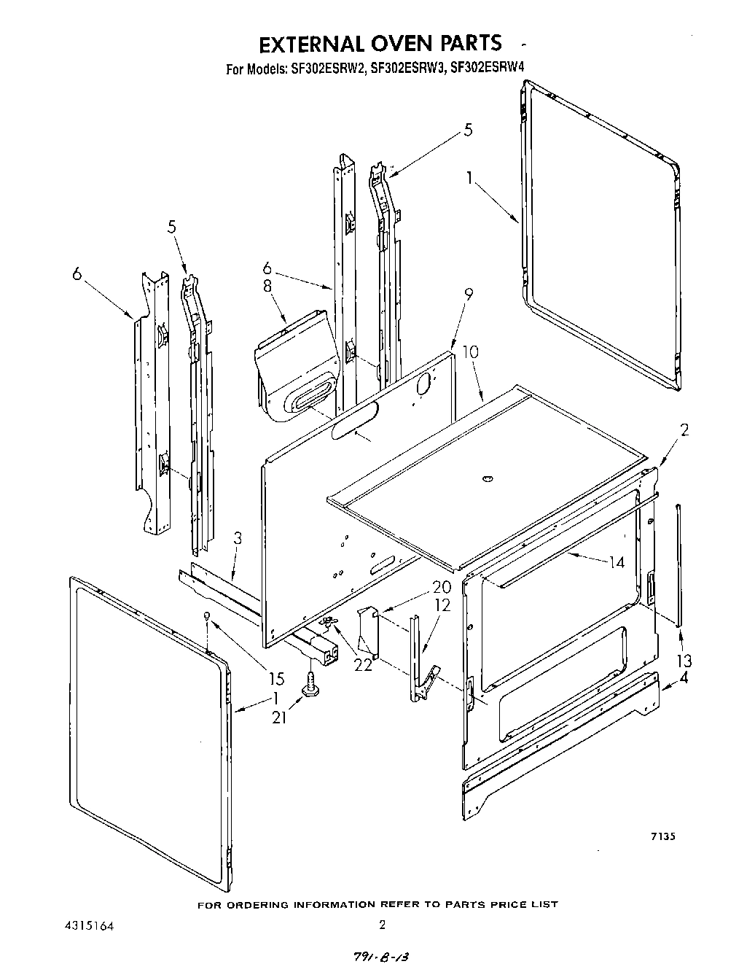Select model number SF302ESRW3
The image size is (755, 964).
tap(407, 70)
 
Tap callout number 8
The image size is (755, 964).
tap(267, 287)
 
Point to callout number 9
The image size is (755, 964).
tap(469, 295)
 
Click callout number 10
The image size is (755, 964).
tap(471, 351)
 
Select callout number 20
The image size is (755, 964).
tap(442, 587)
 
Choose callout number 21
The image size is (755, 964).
tap(279, 718)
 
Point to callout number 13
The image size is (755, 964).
tap(684, 661)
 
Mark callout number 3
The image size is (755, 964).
tap(238, 539)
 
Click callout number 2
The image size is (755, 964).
tap(684, 429)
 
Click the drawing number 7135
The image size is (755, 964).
tap(662, 837)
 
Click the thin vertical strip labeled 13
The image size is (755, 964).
tap(678, 565)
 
